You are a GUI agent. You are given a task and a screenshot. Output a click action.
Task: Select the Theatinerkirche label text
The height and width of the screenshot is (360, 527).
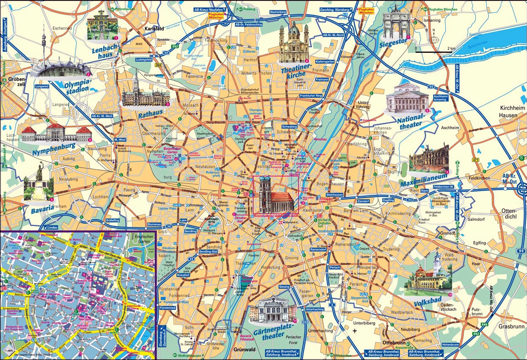tap(294, 71)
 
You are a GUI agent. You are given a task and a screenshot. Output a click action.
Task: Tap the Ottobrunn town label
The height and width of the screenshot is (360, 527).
tap(393, 343)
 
